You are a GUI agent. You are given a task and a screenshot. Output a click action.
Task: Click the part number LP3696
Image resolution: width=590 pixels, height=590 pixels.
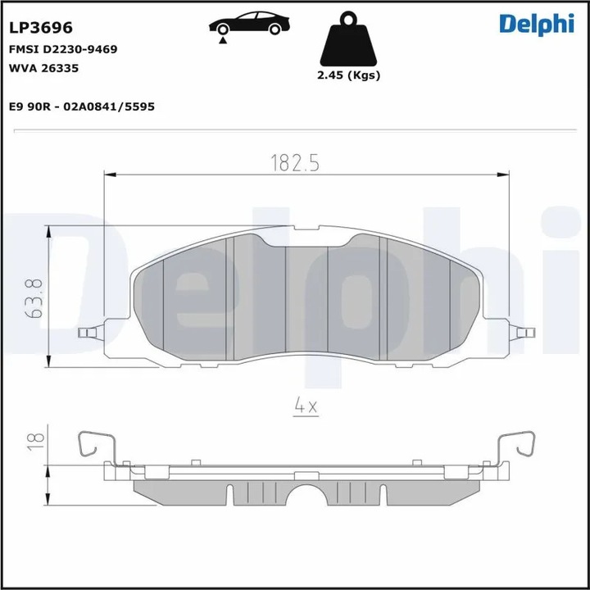40,28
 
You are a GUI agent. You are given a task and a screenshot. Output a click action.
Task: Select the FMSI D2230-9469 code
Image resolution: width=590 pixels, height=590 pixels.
63,49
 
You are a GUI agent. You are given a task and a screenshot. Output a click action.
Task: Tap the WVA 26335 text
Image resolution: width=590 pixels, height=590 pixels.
43,69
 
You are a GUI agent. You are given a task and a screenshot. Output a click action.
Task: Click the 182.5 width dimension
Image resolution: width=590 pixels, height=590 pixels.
293,162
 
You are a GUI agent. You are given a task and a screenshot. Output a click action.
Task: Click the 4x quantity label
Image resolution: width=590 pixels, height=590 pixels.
305,404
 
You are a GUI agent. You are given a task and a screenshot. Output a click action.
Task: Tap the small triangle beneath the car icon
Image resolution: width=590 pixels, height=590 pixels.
223,39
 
